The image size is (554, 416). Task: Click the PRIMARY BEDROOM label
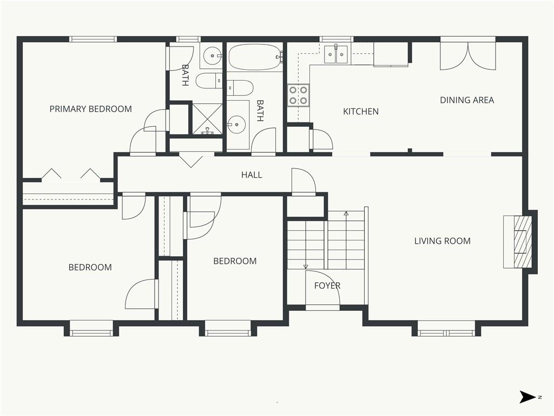[90, 109]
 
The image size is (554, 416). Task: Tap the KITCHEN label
[361, 112]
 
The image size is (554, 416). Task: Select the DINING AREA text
[467, 100]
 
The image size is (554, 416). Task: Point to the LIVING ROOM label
[443, 241]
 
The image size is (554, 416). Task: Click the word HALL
[252, 175]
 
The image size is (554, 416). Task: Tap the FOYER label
[327, 285]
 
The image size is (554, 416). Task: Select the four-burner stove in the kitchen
[298, 95]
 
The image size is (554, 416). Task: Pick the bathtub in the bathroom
[255, 57]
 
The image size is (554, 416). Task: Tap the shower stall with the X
[207, 119]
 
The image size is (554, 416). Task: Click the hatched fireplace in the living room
[522, 242]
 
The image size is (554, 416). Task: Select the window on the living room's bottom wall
[446, 333]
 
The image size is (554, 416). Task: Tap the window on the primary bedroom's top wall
[93, 39]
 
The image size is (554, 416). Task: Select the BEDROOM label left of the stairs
[235, 261]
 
